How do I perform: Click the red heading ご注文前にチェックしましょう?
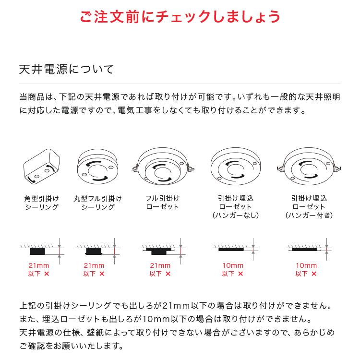point(180,16)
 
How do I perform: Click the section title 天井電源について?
point(66,69)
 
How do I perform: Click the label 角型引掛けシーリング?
point(41,203)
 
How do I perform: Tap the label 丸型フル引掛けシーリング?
point(97,203)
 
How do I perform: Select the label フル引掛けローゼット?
point(162,203)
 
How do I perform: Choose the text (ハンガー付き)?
point(308,216)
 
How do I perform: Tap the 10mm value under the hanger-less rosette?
point(233,265)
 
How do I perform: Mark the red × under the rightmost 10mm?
point(314,274)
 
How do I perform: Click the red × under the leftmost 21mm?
point(47,274)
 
